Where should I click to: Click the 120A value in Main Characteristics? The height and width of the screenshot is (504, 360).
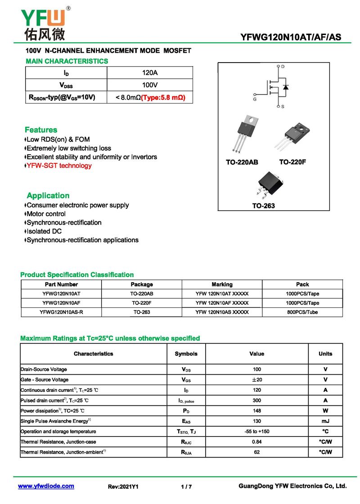(x=150, y=72)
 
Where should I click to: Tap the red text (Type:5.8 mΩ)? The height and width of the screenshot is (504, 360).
(x=163, y=97)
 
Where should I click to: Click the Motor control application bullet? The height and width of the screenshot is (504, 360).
(x=46, y=214)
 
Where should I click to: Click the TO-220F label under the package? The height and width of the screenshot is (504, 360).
(x=292, y=162)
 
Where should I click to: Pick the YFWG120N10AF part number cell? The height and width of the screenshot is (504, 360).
(x=61, y=303)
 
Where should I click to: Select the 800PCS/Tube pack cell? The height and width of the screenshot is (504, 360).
(x=302, y=312)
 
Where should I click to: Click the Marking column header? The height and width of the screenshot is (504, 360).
(x=222, y=284)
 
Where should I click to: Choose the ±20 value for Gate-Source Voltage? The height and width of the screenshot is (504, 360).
(x=256, y=380)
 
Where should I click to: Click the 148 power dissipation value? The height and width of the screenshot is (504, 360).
(x=256, y=410)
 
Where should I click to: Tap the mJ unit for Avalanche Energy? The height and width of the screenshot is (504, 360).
(x=325, y=421)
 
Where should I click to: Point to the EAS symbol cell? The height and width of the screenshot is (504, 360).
(x=186, y=421)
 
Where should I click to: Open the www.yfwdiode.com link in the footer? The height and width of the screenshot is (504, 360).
(x=46, y=486)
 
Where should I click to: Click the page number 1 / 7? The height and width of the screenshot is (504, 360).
(x=186, y=486)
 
